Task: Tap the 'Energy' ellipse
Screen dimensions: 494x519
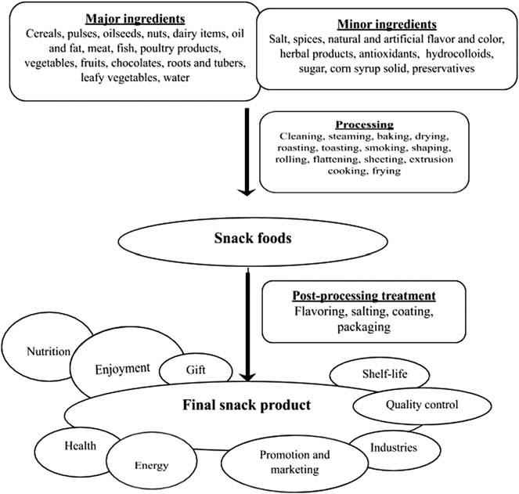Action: click(151, 465)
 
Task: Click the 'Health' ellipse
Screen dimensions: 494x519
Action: click(81, 445)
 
